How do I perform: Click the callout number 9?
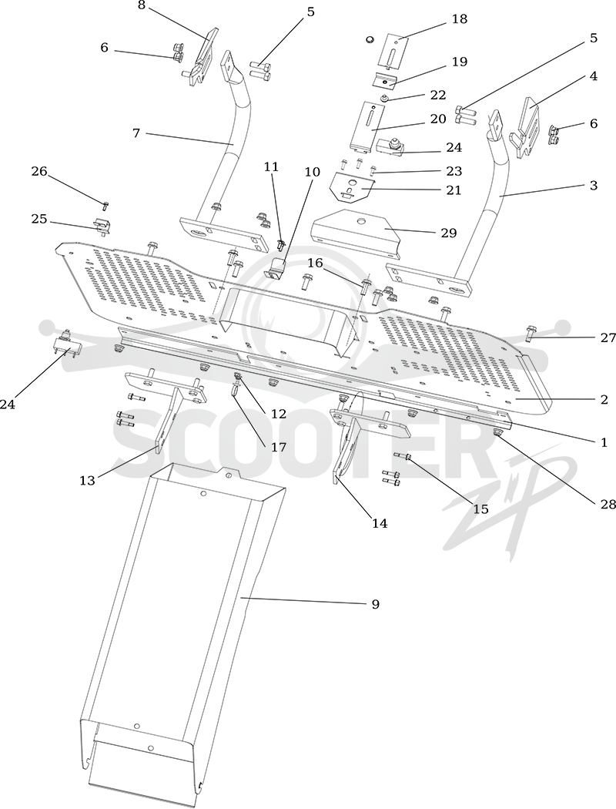pyautogui.click(x=375, y=603)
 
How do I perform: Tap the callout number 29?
pyautogui.click(x=448, y=233)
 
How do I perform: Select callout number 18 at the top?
pyautogui.click(x=459, y=19)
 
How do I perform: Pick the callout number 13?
pyautogui.click(x=87, y=481)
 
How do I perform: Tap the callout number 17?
pyautogui.click(x=279, y=447)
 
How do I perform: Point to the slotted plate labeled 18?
pyautogui.click(x=393, y=51)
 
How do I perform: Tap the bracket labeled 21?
pyautogui.click(x=352, y=186)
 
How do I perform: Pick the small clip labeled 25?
pyautogui.click(x=102, y=226)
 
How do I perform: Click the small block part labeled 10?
pyautogui.click(x=277, y=268)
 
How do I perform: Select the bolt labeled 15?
pyautogui.click(x=402, y=456)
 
